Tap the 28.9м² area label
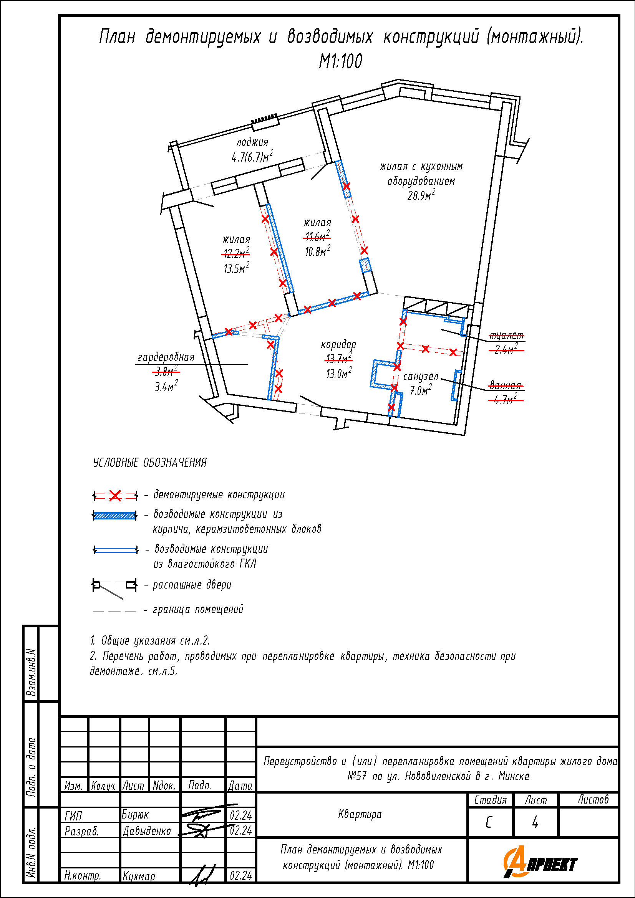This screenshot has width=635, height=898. (x=421, y=195)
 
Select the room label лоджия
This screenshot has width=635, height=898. (x=252, y=142)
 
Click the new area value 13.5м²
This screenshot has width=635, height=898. (x=236, y=268)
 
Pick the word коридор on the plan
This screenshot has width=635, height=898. (x=338, y=344)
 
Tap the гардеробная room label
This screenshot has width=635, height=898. (x=166, y=357)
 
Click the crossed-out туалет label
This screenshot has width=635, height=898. (x=506, y=336)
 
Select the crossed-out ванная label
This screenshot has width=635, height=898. (x=505, y=385)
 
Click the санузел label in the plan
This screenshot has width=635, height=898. (x=421, y=377)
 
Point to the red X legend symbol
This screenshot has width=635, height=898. (x=115, y=496)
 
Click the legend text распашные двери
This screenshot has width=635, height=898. (x=192, y=585)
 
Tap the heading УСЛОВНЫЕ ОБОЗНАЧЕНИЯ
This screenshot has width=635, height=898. (x=150, y=463)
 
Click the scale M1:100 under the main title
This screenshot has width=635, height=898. (x=340, y=61)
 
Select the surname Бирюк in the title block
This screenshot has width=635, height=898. (x=135, y=815)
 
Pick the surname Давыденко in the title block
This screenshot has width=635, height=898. (x=147, y=831)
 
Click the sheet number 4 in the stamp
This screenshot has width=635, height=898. (x=535, y=823)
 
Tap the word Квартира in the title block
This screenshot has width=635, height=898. (x=360, y=814)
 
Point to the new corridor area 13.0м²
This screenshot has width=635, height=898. (x=339, y=374)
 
